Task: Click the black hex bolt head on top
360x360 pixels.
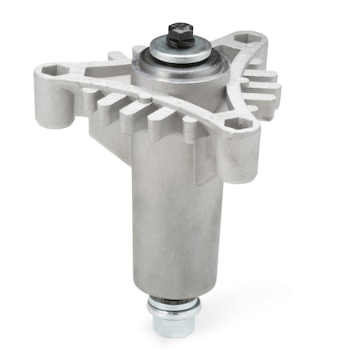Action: [x=177, y=34]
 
